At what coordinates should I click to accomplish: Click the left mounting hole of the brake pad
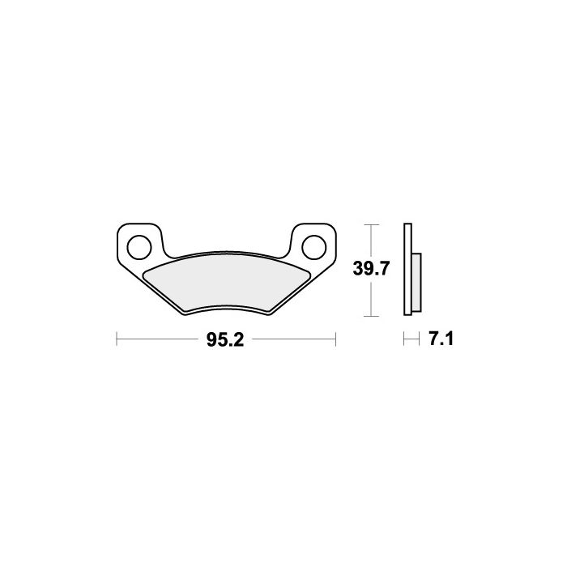point(139,247)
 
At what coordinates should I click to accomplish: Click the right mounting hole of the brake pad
point(314,247)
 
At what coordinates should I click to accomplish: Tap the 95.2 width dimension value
point(225,340)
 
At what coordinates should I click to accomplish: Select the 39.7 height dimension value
point(371,269)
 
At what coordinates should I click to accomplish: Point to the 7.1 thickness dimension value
point(441,339)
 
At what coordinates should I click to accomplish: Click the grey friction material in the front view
point(226,282)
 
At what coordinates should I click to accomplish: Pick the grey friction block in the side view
point(416,283)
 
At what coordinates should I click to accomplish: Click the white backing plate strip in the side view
point(407,270)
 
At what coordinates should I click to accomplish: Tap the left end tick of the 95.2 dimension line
point(117,339)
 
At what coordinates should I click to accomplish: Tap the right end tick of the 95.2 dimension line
point(336,339)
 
